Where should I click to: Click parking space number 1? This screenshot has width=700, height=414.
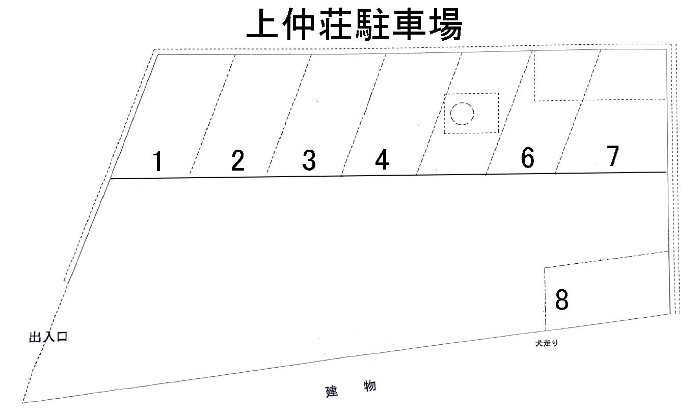click(x=158, y=161)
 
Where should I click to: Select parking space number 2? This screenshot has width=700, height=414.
click(x=237, y=161)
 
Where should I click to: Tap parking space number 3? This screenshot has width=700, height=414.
click(x=309, y=160)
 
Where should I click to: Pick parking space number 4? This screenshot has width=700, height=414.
click(x=382, y=160)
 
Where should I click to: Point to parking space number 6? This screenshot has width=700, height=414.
click(x=528, y=157)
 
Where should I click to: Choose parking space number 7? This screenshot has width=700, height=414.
click(x=613, y=156)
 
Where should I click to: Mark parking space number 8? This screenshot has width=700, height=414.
click(x=561, y=300)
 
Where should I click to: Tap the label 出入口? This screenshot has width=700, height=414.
click(x=48, y=337)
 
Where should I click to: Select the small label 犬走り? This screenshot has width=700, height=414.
click(x=546, y=343)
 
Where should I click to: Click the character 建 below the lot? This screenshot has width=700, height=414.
click(x=332, y=392)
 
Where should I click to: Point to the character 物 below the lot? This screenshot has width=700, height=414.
click(x=370, y=386)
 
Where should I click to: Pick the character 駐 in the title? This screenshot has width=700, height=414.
click(x=371, y=24)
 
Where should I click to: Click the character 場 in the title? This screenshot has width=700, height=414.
click(x=444, y=24)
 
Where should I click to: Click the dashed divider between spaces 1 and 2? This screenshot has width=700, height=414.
click(x=212, y=115)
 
